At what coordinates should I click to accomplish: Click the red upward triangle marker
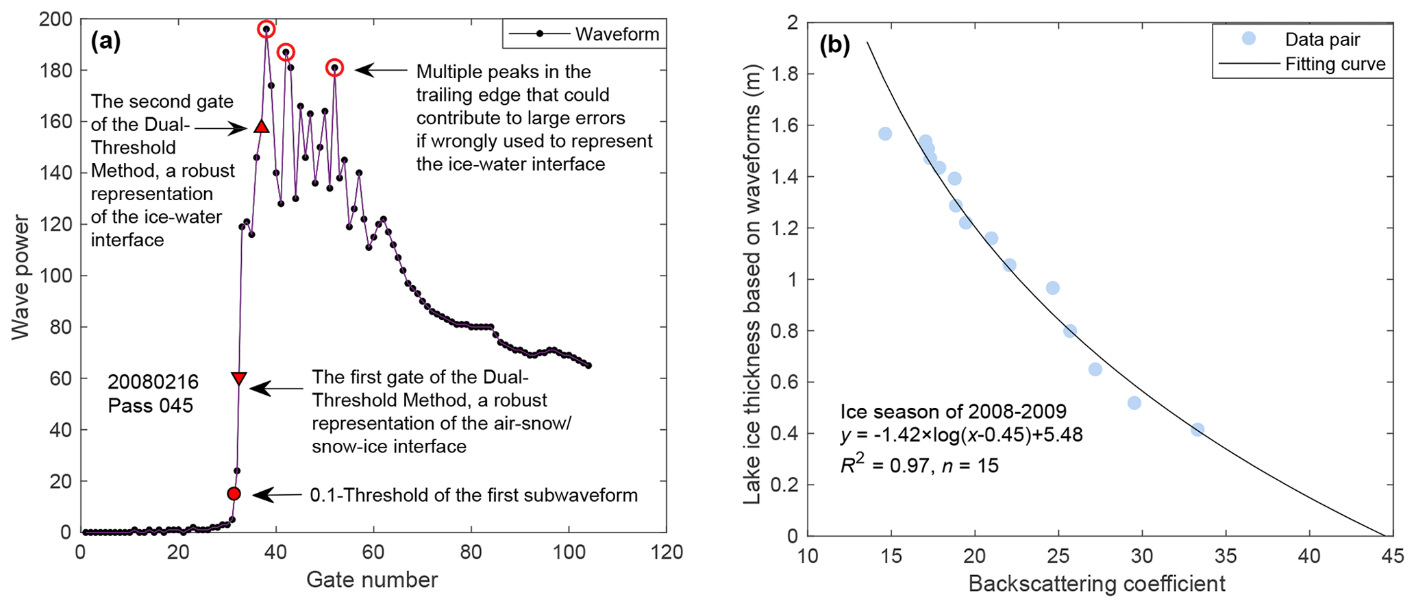tap(261, 127)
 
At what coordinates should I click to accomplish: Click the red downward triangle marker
tap(238, 378)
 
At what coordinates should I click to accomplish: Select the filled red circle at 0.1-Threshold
tap(234, 494)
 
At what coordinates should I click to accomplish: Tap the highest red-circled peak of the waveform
tap(266, 29)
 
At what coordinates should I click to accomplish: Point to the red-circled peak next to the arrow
tap(334, 68)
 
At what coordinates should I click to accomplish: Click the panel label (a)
tap(106, 42)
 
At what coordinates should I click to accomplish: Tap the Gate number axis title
tap(372, 580)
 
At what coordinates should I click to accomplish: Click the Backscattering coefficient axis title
tap(1096, 584)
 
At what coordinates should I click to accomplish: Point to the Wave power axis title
tap(21, 277)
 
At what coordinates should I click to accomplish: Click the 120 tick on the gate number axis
tap(667, 552)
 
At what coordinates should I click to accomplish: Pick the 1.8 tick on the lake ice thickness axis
tap(785, 74)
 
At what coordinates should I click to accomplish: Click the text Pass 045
tap(151, 406)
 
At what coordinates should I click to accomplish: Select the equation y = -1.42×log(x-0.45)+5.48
tap(961, 435)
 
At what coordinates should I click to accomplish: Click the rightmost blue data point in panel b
tap(1197, 430)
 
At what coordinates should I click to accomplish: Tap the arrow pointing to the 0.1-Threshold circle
tap(278, 495)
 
